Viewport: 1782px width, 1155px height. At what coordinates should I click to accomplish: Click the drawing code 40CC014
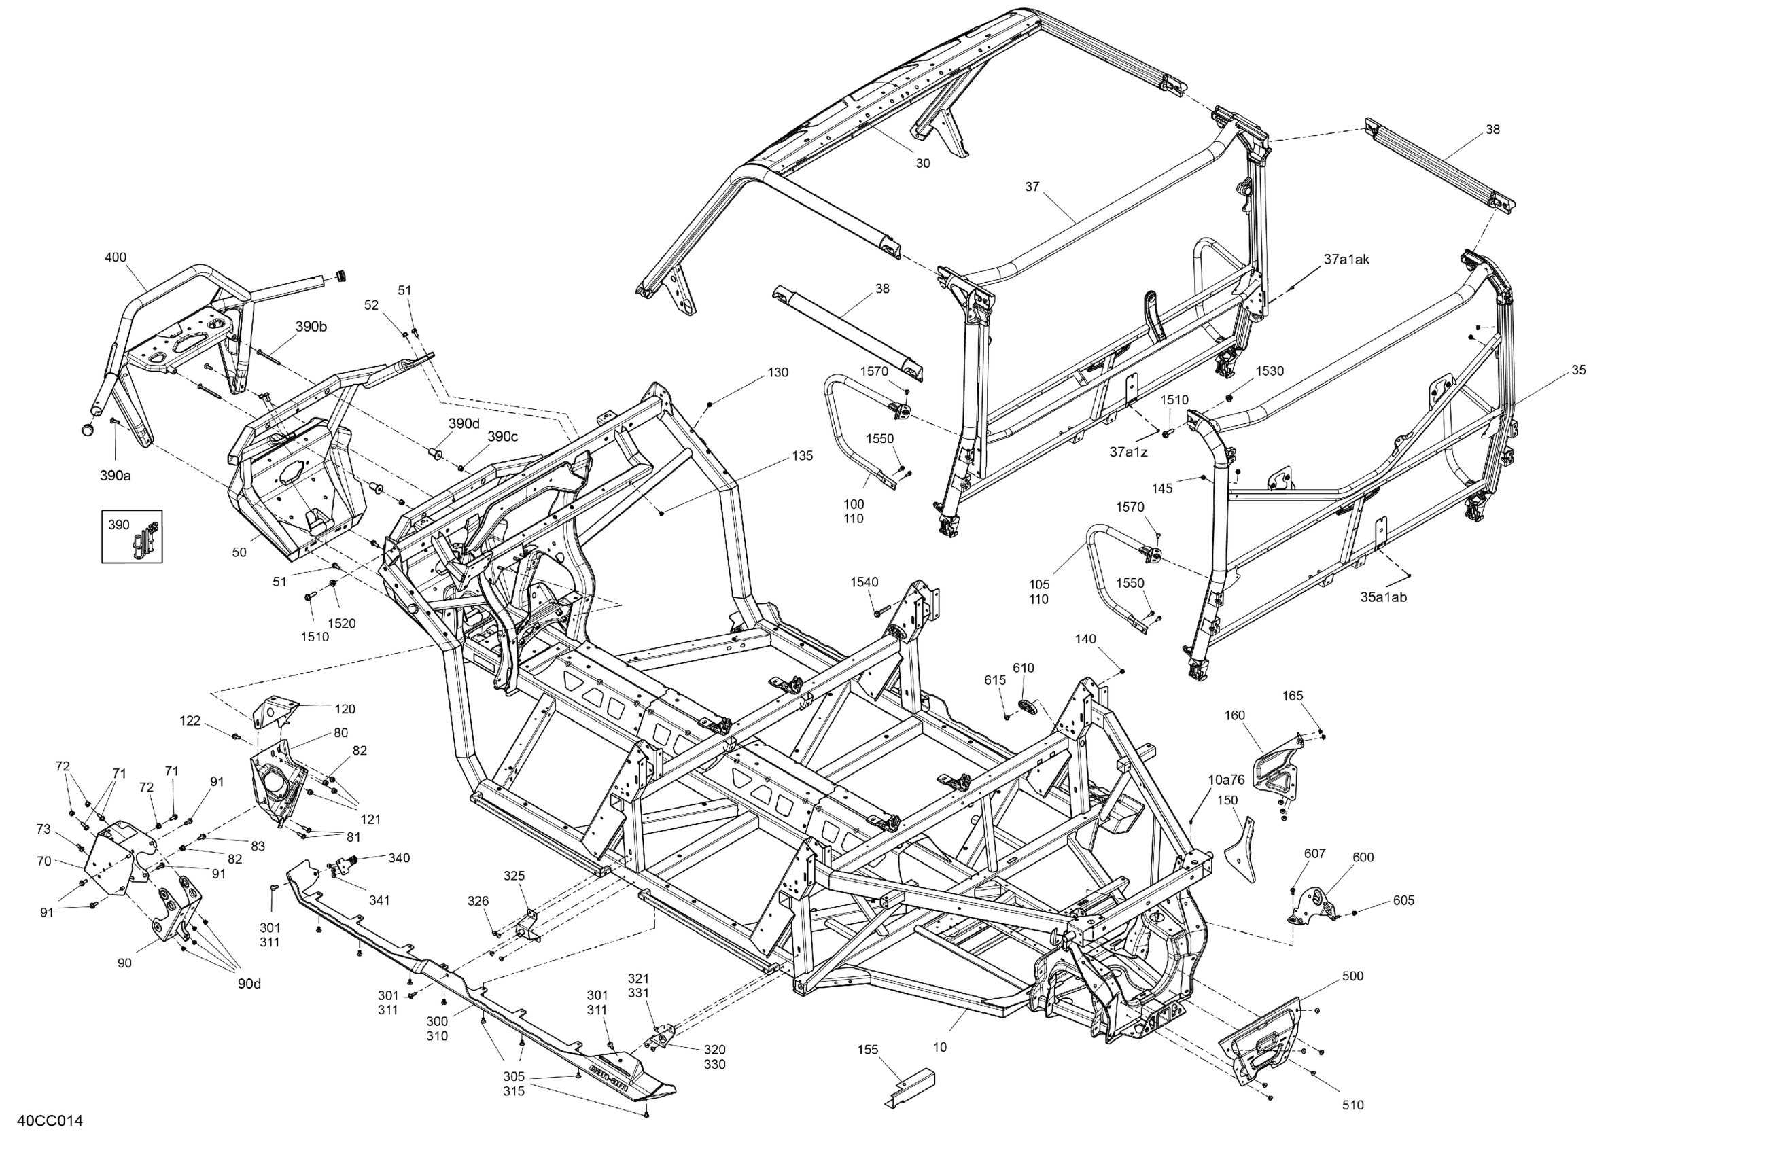(50, 1120)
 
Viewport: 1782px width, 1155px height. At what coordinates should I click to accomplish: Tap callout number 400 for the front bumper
(116, 257)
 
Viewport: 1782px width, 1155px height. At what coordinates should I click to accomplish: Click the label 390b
(311, 326)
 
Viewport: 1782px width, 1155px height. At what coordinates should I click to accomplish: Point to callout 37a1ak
(1346, 259)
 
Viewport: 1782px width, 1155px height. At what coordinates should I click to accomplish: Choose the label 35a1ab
(1383, 597)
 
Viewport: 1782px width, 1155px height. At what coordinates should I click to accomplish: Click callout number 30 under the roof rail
(922, 163)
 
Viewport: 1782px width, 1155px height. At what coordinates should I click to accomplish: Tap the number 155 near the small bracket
(868, 1050)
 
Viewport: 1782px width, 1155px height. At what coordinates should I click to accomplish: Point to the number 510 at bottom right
(1352, 1105)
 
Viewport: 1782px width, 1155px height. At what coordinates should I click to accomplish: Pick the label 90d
(249, 984)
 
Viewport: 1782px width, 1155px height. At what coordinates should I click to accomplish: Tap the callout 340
(399, 858)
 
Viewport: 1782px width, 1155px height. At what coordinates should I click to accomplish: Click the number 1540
(864, 582)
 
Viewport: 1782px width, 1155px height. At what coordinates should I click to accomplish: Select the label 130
(778, 372)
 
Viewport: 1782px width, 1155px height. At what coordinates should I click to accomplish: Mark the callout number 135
(802, 455)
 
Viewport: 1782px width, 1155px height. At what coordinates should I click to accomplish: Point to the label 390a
(116, 475)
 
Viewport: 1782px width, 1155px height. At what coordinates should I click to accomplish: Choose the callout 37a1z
(1128, 451)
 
